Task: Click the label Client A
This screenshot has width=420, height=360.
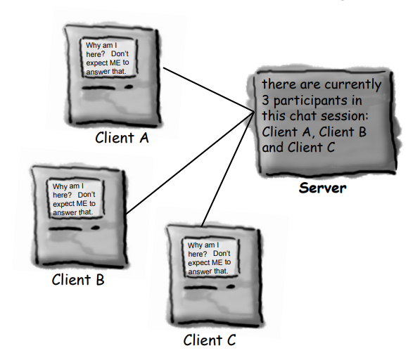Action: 122,138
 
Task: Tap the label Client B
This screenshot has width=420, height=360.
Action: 78,279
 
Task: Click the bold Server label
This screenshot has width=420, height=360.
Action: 322,188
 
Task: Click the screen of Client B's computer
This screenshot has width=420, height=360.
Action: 73,199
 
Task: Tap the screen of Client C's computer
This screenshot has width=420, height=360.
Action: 208,257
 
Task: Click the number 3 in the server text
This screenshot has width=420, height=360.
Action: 265,100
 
